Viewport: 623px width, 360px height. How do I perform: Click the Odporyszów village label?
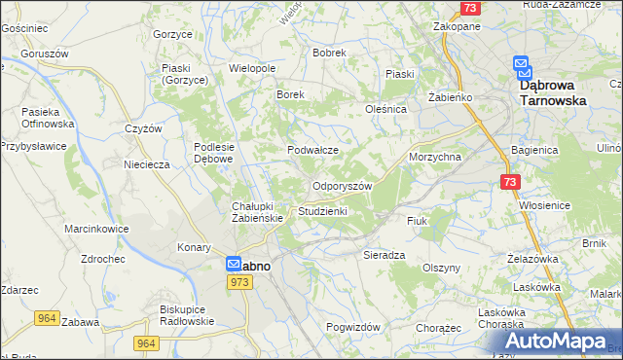tap(342, 186)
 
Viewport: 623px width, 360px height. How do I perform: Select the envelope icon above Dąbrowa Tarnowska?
tap(524, 66)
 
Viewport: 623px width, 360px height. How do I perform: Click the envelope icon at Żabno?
tap(235, 264)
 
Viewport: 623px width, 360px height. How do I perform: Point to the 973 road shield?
tap(241, 281)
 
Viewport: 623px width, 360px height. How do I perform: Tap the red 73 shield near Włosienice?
tap(512, 182)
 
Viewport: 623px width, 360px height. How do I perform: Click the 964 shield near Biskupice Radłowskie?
tap(146, 343)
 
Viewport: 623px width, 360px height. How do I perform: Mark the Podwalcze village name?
tap(312, 150)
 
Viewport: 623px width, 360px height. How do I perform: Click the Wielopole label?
tap(252, 69)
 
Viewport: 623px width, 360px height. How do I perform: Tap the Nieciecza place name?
tap(147, 164)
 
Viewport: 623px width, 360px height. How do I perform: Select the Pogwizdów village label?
tap(352, 328)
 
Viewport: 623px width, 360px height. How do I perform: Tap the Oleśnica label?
tap(385, 110)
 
